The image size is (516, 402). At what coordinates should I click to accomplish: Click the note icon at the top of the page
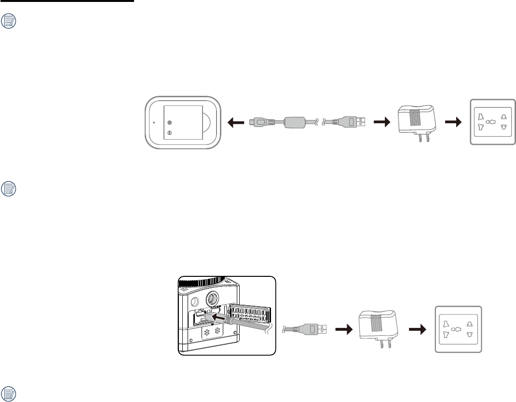coord(9,22)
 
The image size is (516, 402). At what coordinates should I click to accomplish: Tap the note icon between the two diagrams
coord(9,188)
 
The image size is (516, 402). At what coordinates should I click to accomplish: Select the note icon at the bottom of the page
coord(9,393)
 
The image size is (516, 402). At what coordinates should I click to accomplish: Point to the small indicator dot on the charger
coord(154,123)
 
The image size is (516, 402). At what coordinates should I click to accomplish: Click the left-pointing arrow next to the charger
coord(236,123)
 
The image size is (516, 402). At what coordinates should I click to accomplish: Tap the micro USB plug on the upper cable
coord(260,123)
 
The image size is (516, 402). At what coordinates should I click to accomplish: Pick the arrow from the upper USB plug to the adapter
coord(381,123)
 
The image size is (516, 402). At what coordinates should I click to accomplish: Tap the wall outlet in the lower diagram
coord(458,329)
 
